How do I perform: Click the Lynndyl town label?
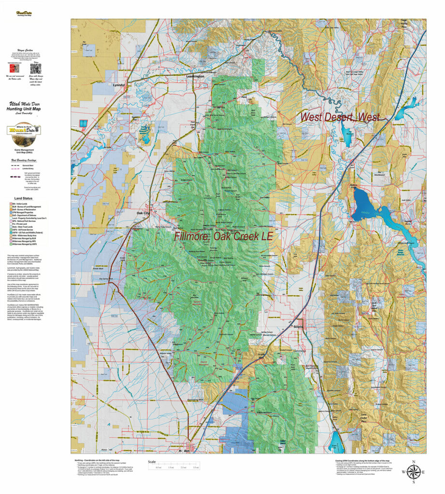click(119, 85)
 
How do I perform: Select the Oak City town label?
click(144, 213)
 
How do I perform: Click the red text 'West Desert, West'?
click(340, 117)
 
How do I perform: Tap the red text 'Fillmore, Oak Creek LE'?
click(224, 236)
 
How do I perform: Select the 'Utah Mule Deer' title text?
click(23, 104)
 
